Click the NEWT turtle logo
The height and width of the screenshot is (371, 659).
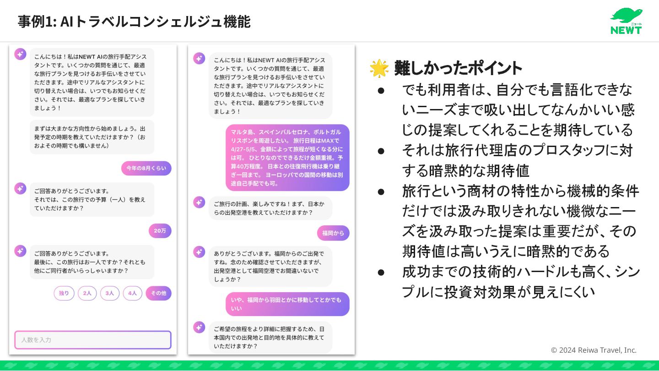(x=626, y=21)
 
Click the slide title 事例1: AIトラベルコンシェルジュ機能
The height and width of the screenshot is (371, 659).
(x=134, y=21)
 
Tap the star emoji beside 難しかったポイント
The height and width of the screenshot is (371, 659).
(x=379, y=68)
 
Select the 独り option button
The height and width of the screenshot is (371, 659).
(x=64, y=293)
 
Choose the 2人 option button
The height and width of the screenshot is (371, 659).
(x=87, y=293)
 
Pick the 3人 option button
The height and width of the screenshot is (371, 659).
(x=110, y=293)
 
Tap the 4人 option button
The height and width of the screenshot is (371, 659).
(x=132, y=293)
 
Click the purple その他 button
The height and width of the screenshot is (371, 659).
(x=158, y=293)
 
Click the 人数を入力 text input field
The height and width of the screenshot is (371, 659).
(x=93, y=340)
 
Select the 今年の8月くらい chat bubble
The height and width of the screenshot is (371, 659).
(x=146, y=168)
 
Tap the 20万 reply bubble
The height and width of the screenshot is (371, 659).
(x=160, y=231)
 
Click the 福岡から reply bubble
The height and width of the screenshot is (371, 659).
(x=333, y=233)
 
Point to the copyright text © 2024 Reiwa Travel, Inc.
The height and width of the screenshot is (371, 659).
(x=594, y=350)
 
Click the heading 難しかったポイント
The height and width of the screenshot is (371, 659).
(x=458, y=68)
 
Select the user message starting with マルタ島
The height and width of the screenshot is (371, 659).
(x=287, y=158)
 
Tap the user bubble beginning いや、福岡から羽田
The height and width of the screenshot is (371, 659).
(x=287, y=304)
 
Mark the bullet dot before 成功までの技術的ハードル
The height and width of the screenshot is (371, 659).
(x=381, y=272)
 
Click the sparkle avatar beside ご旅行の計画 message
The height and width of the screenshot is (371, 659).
(x=199, y=202)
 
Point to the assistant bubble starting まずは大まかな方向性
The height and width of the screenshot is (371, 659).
(x=92, y=137)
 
